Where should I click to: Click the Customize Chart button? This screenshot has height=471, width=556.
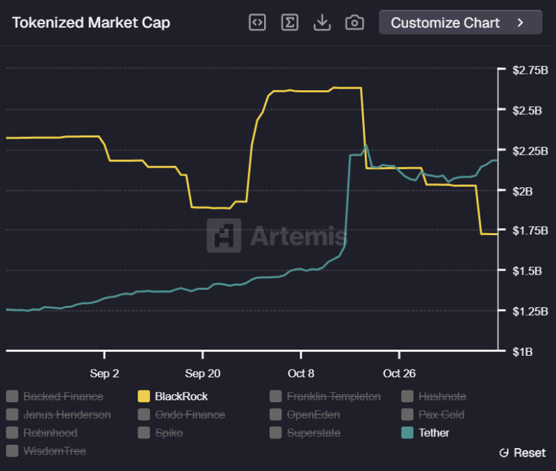tap(460, 22)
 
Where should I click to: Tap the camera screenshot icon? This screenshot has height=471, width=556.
tap(354, 22)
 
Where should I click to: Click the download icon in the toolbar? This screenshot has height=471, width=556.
tap(322, 22)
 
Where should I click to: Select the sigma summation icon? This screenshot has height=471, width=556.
tap(290, 22)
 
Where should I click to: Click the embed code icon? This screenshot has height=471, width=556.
tap(257, 22)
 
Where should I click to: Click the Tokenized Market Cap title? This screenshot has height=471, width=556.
tap(91, 22)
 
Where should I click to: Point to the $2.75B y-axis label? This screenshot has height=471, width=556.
tap(530, 70)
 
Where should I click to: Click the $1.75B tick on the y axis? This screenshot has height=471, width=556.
tap(530, 230)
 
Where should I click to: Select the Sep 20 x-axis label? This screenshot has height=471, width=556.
tap(203, 373)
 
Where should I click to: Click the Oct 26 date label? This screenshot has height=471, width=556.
tap(399, 373)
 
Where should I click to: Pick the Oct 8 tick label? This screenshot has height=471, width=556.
tap(301, 373)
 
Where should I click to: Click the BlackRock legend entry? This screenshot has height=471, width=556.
tap(181, 397)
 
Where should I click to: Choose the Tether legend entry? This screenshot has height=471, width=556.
tap(434, 433)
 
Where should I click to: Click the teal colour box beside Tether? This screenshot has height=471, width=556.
tap(407, 433)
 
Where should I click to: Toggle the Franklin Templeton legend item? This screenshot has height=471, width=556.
tap(333, 397)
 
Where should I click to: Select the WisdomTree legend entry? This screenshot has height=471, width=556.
tap(54, 451)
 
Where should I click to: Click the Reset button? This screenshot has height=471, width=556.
tap(523, 453)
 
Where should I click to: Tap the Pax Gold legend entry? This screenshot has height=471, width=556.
tap(441, 415)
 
